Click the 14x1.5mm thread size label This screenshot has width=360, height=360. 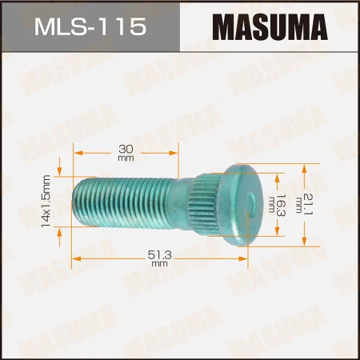[46, 202]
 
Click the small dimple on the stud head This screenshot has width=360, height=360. [254, 205]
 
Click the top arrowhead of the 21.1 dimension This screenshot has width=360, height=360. [305, 167]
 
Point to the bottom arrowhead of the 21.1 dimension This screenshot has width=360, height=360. [305, 242]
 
